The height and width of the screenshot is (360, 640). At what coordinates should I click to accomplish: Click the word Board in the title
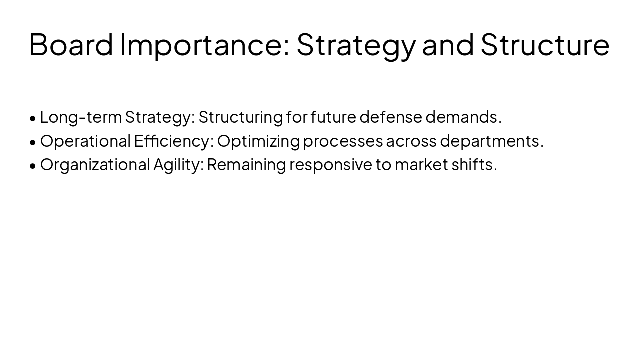coord(71,44)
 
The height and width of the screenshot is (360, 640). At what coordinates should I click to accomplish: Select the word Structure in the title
coord(545,44)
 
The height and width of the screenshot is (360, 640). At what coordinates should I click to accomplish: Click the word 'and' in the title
coord(448,44)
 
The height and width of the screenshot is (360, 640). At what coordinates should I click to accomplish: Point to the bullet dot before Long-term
coord(33,118)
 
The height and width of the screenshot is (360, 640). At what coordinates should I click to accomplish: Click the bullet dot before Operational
coord(33,142)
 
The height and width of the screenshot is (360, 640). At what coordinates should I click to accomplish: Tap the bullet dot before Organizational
coord(33,166)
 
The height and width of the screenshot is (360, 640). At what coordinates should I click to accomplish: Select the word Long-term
coord(81,117)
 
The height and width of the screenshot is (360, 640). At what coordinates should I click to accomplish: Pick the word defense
coord(391,117)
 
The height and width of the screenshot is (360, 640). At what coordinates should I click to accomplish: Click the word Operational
coord(85,141)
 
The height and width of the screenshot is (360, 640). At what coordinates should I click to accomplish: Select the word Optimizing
coord(258,141)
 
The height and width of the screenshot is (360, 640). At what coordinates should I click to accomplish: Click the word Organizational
coord(95,165)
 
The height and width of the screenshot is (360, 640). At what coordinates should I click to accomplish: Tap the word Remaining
coord(246,165)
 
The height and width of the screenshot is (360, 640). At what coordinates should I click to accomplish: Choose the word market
coord(421,165)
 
